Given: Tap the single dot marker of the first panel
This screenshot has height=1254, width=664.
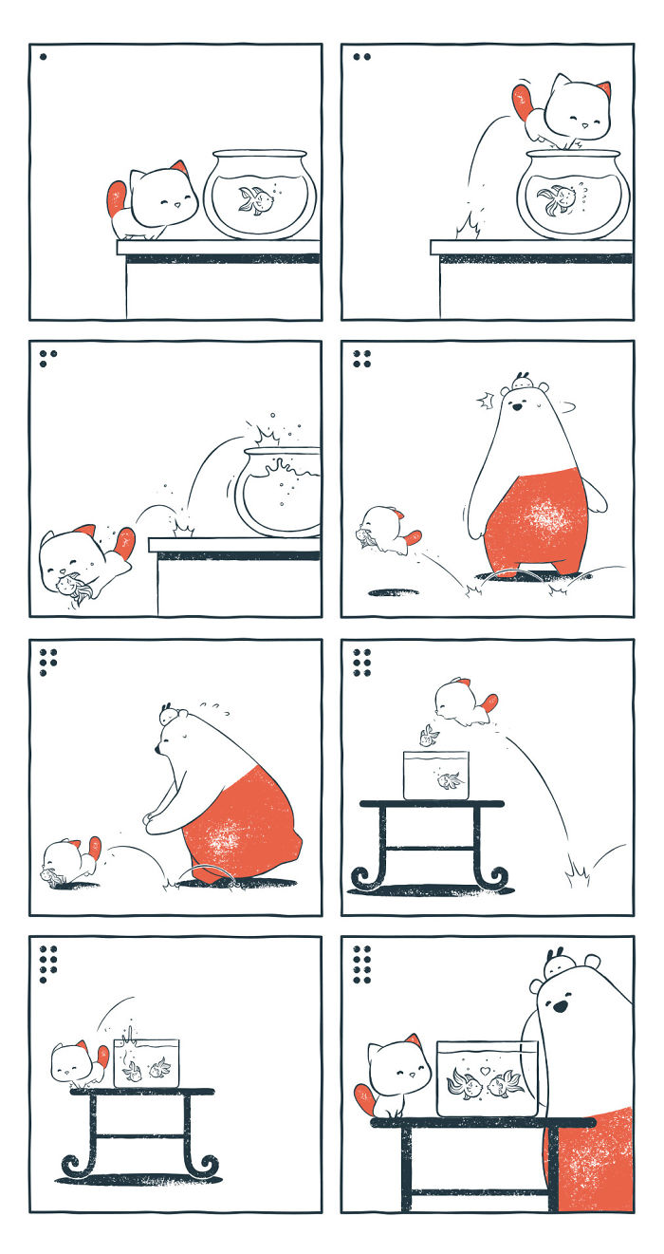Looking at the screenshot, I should (43, 57).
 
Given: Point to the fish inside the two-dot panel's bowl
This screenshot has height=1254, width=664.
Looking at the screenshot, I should (558, 200).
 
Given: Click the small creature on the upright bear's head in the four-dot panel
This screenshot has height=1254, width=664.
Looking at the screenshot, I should (520, 382).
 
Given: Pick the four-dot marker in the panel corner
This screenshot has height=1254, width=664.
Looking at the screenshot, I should (360, 358).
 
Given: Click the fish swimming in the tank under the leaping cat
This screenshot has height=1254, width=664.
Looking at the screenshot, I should (449, 780).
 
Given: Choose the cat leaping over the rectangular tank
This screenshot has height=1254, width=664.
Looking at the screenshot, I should (459, 702).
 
